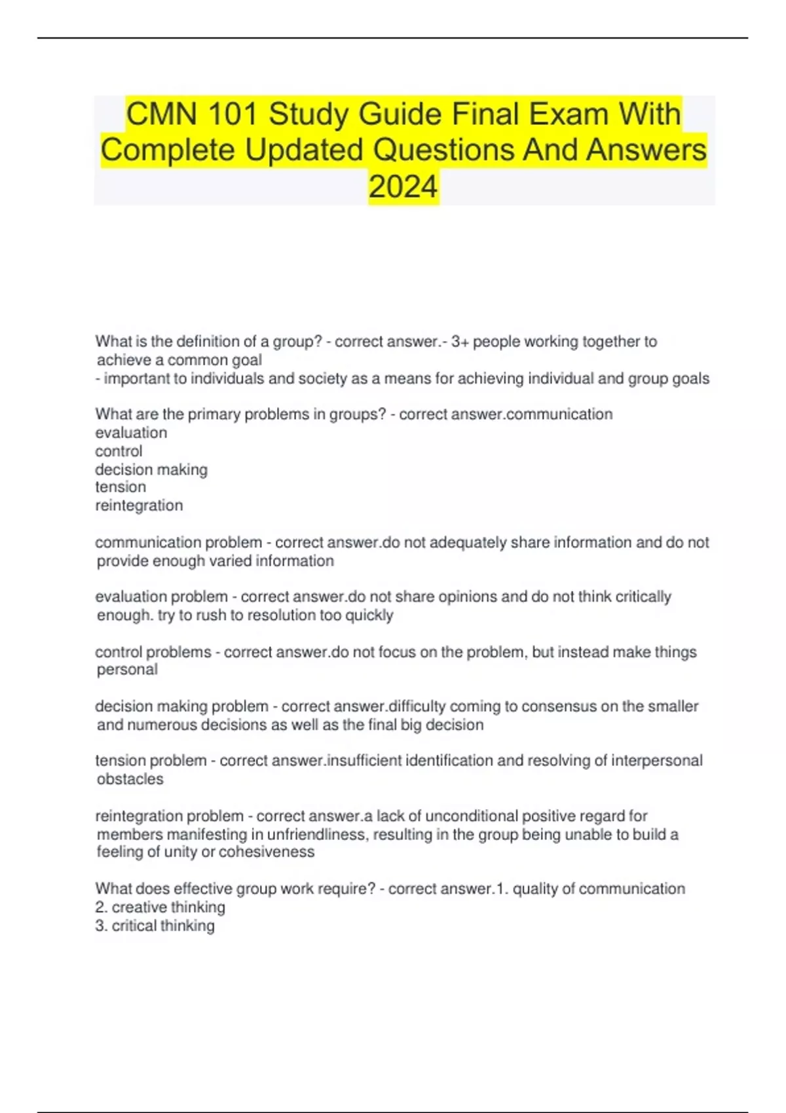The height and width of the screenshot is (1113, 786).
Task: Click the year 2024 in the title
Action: coord(403,187)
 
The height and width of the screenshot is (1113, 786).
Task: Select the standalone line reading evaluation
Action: coord(131,433)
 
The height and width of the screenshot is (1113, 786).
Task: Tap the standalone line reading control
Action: coord(119,451)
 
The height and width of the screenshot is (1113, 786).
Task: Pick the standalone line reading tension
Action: coord(121,487)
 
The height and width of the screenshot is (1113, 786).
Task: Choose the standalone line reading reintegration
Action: coord(139,505)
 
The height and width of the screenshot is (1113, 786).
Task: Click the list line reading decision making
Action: coord(151,469)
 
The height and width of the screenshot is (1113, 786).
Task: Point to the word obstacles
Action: coord(130,779)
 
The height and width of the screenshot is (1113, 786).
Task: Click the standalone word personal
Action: coord(127,670)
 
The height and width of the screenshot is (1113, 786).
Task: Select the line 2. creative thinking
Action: coord(160,907)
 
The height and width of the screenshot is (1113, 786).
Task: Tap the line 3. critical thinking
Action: coord(155,926)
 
